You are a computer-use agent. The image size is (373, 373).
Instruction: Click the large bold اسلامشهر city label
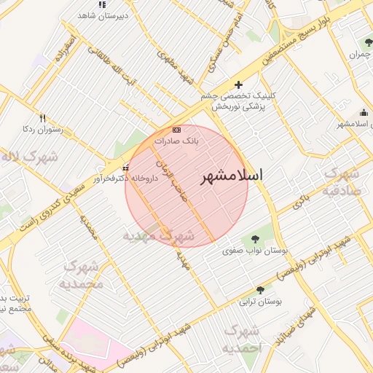coord(230,176)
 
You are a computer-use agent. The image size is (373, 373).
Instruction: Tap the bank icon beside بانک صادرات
coord(176,128)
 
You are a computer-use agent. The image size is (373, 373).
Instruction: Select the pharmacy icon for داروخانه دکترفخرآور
coord(126,168)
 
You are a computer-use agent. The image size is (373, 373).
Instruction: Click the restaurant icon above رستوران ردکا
coord(43,117)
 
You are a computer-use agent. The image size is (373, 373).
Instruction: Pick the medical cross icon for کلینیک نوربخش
coord(238,85)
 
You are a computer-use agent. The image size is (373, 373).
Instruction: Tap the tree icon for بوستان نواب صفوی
coord(254,238)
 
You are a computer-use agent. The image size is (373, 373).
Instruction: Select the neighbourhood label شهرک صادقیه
coord(341,182)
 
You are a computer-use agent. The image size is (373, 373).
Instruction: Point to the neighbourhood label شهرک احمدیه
coord(241,338)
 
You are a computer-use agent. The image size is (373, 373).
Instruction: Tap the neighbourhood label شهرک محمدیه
coord(80,275)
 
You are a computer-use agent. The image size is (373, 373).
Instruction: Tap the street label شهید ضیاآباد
coord(301,320)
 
